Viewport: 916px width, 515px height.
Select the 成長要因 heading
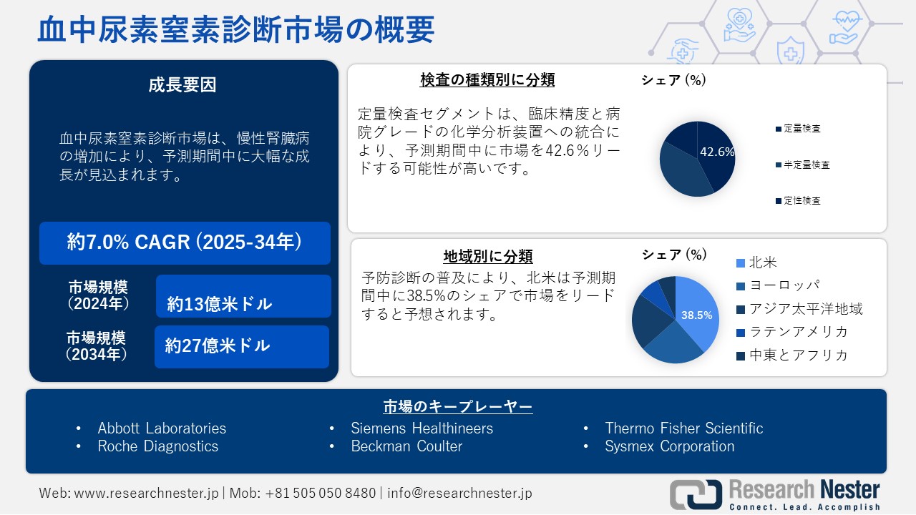182,85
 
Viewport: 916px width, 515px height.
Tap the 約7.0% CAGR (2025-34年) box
185,242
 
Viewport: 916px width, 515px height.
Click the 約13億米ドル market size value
220,304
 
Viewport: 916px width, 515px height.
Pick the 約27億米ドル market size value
218,346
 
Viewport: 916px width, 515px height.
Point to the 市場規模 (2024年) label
99,295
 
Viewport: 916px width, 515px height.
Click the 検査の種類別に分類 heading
487,79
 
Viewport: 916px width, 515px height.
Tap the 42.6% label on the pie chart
716,152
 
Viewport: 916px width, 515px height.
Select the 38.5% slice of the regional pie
696,315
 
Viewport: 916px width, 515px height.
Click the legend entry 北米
762,263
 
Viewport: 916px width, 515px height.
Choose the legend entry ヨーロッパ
784,285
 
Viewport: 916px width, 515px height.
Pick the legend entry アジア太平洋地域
805,308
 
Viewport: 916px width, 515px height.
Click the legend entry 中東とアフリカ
798,355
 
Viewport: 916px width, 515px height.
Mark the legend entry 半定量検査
807,165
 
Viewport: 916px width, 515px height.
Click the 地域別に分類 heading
488,256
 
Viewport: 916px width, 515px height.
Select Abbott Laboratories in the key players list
162,428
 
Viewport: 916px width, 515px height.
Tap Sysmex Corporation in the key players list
670,446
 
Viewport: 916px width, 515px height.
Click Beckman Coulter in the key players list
406,446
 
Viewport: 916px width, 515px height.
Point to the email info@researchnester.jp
459,493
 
